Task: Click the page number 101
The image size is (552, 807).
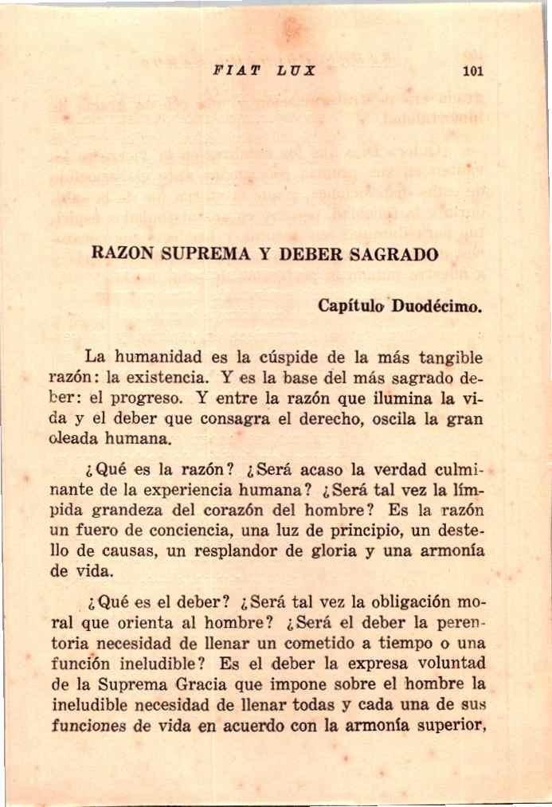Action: pyautogui.click(x=473, y=71)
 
